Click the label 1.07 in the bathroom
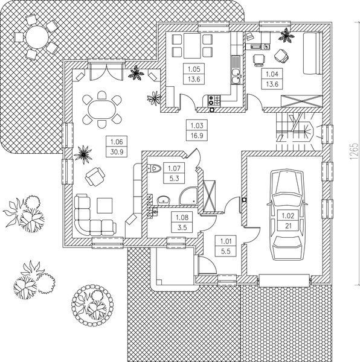pyautogui.click(x=174, y=173)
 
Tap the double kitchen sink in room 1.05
pyautogui.click(x=235, y=75)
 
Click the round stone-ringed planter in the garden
pyautogui.click(x=91, y=300)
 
